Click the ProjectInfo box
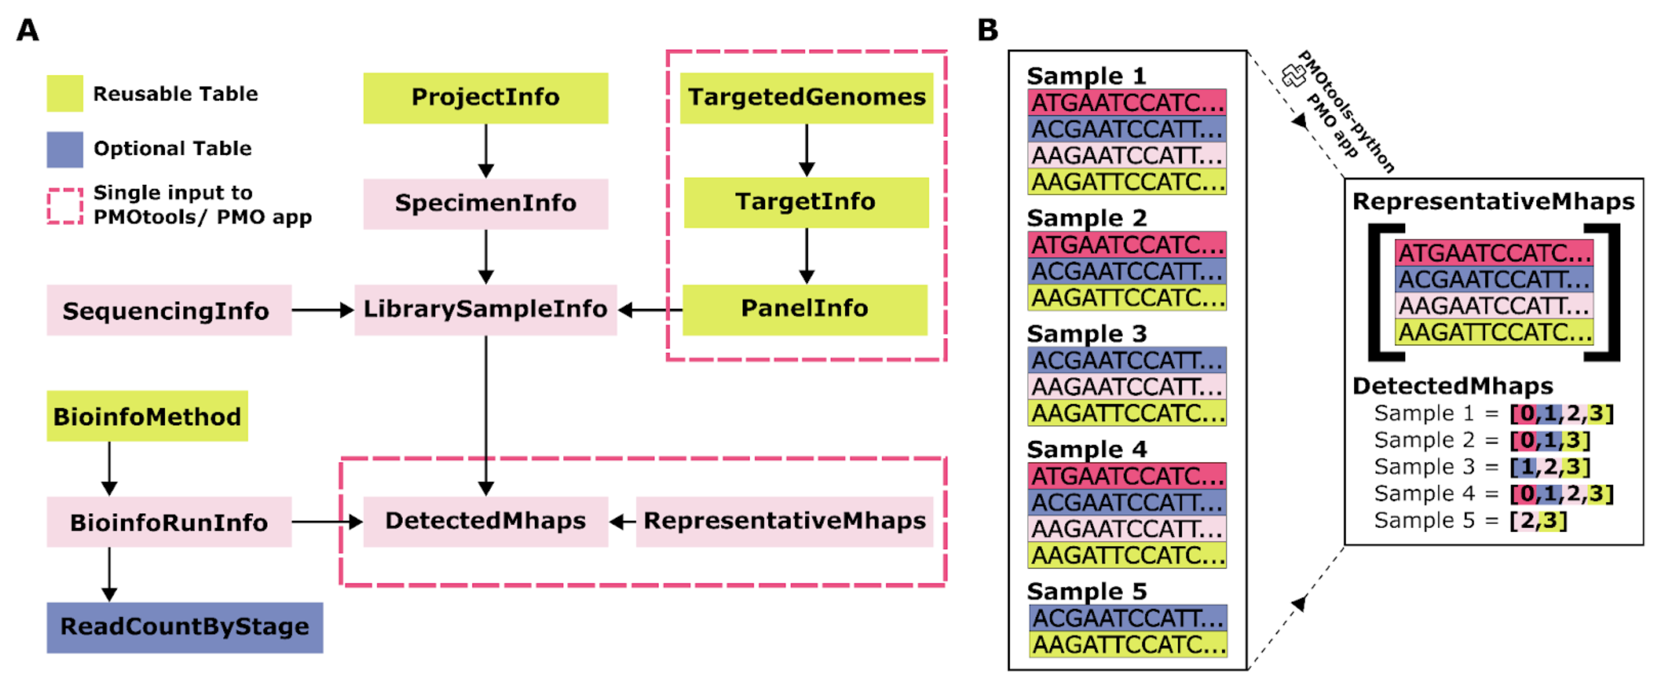[x=485, y=98]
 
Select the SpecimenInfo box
[x=485, y=203]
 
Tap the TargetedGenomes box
[x=806, y=98]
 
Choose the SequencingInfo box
[x=168, y=310]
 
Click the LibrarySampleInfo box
[x=485, y=309]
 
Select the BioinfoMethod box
[x=147, y=416]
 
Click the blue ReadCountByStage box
[x=185, y=627]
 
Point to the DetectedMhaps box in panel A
[x=485, y=521]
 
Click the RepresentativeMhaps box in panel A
[x=784, y=521]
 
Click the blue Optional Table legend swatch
[x=65, y=149]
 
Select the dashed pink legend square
[x=65, y=206]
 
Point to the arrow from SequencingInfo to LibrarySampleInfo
[x=323, y=310]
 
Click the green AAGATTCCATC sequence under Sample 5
[x=1127, y=644]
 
